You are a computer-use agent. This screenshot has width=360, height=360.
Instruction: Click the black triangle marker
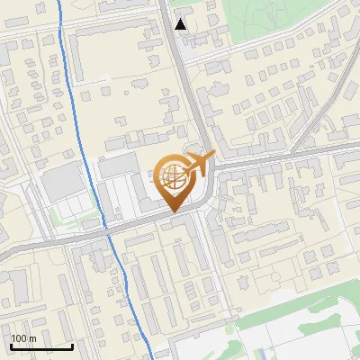182,24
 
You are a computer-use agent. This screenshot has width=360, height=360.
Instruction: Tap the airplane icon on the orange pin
197,165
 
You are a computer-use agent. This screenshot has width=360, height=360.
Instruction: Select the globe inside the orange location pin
172,177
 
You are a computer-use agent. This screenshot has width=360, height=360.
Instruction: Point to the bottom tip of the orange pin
173,211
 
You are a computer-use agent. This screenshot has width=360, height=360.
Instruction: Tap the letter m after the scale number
33,338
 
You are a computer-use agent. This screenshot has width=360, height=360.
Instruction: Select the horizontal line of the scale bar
41,346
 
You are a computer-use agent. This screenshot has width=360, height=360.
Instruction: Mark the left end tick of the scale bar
11,346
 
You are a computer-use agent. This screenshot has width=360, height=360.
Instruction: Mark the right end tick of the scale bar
72,346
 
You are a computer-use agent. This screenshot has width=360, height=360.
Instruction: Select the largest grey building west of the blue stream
61,184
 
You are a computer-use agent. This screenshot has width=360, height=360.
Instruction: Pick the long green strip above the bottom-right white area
297,306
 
